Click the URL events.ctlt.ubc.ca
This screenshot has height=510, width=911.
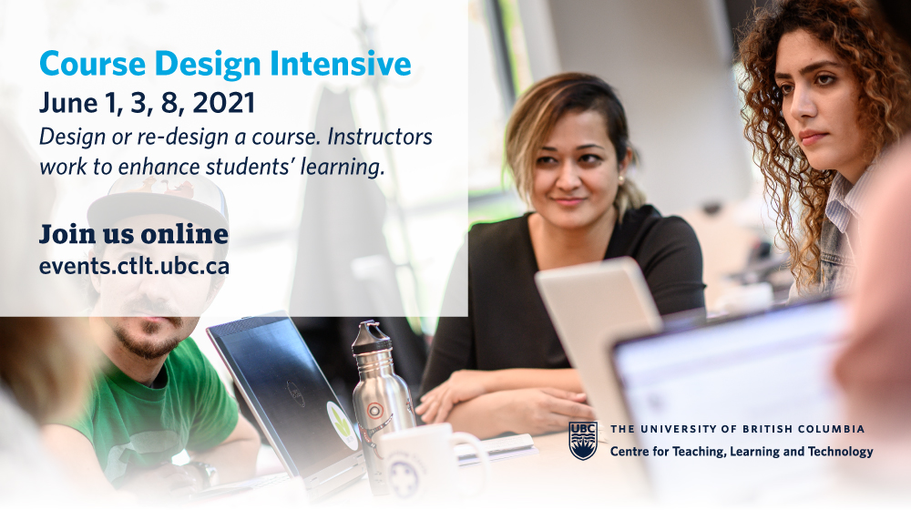click(134, 267)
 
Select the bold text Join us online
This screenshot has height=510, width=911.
click(133, 234)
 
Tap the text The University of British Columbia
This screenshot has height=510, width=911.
click(737, 429)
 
